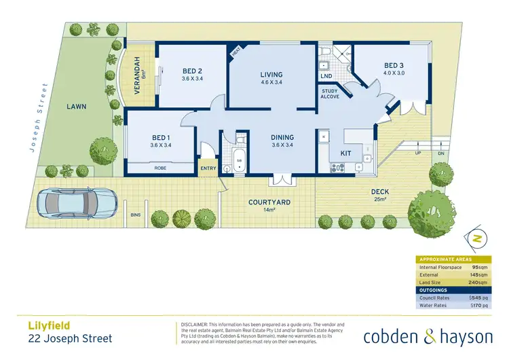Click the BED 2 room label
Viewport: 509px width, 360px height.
pos(192,71)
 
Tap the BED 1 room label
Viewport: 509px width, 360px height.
pos(160,136)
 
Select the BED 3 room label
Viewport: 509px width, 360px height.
pos(394,65)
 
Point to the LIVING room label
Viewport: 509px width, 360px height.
pos(271,75)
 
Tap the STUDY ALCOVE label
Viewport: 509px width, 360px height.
pos(330,93)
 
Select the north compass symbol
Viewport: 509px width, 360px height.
pos(477,239)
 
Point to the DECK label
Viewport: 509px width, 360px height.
pos(379,192)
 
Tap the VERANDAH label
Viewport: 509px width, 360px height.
pos(136,73)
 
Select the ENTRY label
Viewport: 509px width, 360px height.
pos(207,169)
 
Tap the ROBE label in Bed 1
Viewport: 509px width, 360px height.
pos(160,167)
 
